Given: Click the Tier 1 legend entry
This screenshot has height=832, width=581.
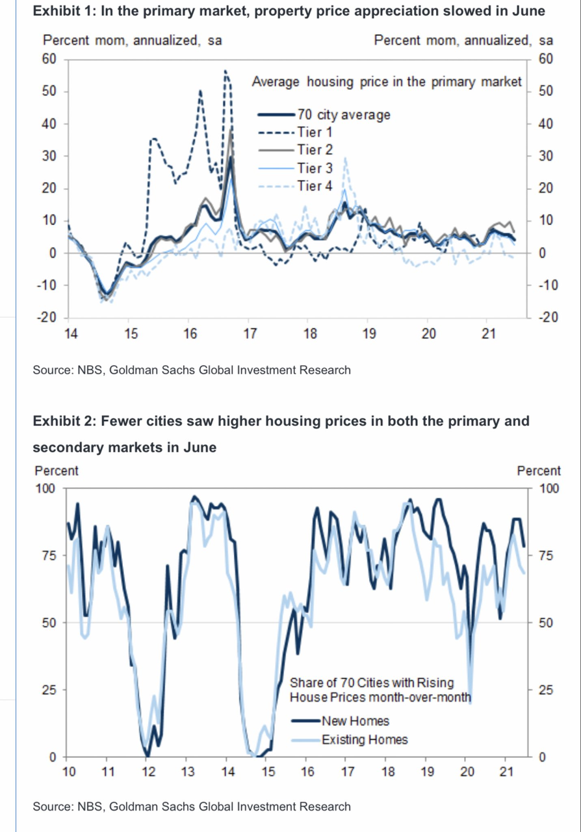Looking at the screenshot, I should [315, 132].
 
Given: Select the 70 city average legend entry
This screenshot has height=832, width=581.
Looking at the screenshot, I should [344, 115].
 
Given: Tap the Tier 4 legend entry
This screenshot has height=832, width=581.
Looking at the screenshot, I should [315, 187].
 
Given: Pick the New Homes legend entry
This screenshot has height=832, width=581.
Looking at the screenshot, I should [355, 721].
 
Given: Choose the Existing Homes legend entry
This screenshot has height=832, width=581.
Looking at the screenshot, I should [365, 739].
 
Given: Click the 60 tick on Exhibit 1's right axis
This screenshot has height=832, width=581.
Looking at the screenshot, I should [545, 59].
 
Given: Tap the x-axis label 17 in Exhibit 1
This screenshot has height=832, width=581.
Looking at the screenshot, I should [250, 335].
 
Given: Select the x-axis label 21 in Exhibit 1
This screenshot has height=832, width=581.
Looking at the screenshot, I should [489, 335].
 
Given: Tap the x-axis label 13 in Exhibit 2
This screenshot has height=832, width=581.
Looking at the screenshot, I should [187, 772].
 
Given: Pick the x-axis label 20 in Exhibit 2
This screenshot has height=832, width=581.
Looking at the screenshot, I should [467, 772].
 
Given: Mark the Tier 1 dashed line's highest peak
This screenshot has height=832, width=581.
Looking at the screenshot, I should [226, 71].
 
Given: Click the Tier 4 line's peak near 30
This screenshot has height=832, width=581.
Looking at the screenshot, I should [346, 158].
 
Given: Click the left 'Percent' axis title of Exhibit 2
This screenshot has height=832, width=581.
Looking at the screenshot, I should [57, 471].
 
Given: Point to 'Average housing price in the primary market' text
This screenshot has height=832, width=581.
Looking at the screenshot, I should [386, 82].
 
